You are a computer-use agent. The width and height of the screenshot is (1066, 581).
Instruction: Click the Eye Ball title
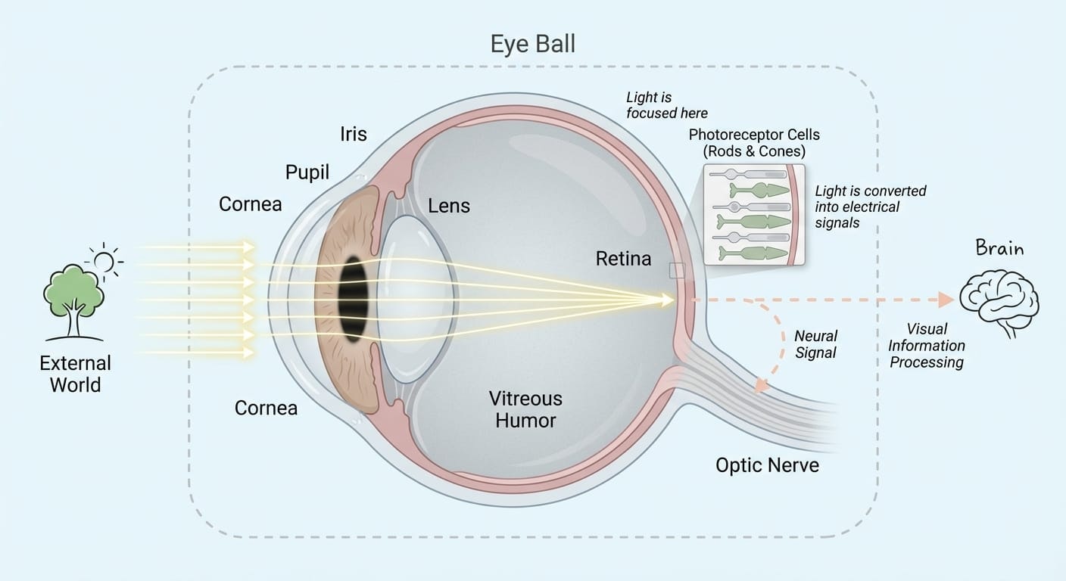tap(532, 44)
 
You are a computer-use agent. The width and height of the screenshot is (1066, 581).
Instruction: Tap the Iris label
tap(354, 135)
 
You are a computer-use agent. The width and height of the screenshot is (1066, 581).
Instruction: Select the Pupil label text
tap(307, 172)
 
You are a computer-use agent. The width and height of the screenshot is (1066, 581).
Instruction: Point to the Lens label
tap(448, 206)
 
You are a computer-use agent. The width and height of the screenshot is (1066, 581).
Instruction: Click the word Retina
tap(623, 259)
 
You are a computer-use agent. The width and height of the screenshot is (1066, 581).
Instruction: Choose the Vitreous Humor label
tap(525, 409)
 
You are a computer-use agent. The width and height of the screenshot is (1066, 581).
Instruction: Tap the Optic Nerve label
tap(767, 464)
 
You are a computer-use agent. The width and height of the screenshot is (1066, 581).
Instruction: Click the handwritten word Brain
tap(999, 248)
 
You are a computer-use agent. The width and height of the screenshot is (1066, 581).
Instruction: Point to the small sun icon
tap(104, 262)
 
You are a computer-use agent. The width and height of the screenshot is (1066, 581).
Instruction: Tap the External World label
tap(75, 374)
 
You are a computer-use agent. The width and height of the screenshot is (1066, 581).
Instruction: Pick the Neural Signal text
tap(815, 344)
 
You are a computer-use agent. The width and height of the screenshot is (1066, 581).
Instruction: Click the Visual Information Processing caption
tap(927, 346)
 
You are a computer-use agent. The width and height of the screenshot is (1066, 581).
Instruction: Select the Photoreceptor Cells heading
tap(754, 142)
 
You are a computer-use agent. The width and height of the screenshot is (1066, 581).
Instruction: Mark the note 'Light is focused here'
tap(666, 105)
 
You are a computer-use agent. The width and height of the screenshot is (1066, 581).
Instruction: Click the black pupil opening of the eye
tap(354, 299)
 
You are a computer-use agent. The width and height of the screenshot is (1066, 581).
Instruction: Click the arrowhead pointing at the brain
tap(945, 300)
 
